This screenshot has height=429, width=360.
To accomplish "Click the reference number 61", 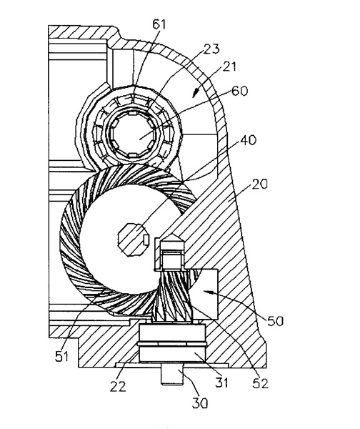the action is pos(159,24).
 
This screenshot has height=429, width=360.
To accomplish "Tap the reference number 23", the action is pos(211,49).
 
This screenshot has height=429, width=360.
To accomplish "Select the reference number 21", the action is pos(229,66).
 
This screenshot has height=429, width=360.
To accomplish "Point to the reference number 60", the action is pos(239,91).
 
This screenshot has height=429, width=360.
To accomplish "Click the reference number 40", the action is pos(248,140).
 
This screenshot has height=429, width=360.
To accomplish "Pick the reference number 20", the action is pos(259,184).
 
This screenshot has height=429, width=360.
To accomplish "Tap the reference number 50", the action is pos(275,321).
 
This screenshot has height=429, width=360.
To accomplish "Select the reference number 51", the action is pos(62,356).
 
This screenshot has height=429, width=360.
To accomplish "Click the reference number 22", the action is pos(118,387).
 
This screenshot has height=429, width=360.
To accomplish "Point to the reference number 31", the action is pos(221,383).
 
